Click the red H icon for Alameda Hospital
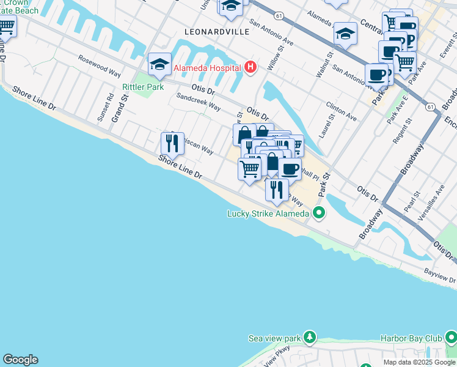249,67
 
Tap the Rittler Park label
134,87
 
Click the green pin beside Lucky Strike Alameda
318,213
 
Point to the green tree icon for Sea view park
310,338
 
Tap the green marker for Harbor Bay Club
451,338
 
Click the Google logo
20,360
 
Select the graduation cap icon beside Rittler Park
159,64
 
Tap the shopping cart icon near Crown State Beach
6,26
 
